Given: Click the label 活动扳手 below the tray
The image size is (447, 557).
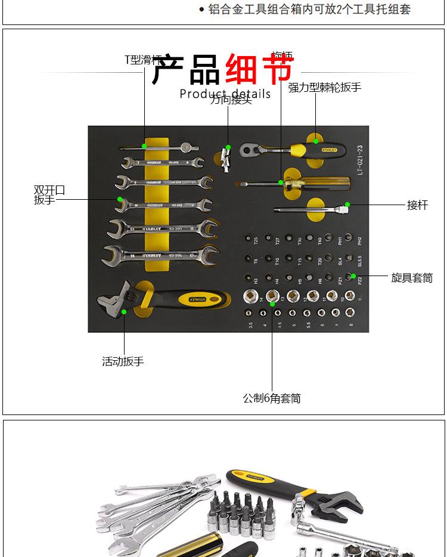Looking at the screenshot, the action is point(123,361).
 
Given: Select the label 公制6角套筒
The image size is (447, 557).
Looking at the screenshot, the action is point(272,398).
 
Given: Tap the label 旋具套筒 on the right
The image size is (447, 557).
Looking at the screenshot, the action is point(412,277).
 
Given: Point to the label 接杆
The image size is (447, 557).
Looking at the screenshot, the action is point(417,205).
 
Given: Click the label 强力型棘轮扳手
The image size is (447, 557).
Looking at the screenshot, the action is point(325,88).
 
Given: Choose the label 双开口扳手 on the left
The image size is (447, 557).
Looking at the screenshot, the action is point(49,195).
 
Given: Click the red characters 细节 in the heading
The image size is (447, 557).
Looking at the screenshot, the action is point(259,70).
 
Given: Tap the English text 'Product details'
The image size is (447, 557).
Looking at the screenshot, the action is point(225,94).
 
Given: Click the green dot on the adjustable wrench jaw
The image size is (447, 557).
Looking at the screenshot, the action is point(123,311).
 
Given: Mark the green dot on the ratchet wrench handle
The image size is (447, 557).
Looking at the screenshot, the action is point(316,141).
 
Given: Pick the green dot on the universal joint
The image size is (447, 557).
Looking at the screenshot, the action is point(227,147).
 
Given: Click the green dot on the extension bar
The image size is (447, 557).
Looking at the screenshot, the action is point(347,205).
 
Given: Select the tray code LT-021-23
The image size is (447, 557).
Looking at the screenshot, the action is point(359,156).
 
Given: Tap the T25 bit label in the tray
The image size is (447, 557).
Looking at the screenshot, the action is point(256,242).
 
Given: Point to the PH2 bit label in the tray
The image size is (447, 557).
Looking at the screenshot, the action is point(359,242).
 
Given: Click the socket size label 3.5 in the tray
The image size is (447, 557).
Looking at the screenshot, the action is point(251,326).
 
